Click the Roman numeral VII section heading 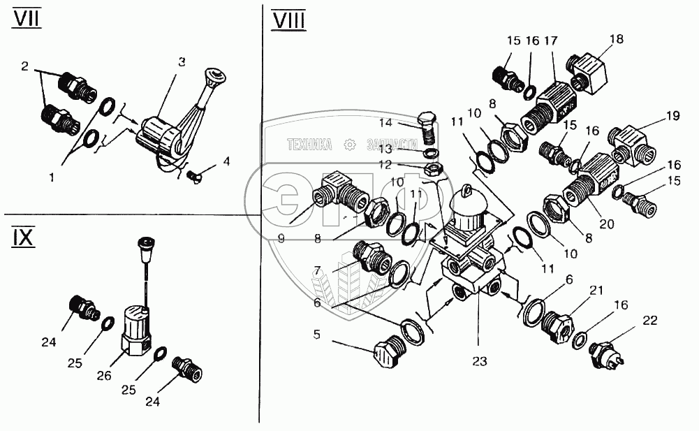[27, 18]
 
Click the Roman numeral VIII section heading [289, 21]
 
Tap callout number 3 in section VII [182, 62]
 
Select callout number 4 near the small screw [226, 161]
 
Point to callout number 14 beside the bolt [385, 122]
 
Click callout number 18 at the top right [617, 39]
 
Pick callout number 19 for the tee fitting [673, 116]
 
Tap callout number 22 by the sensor [650, 321]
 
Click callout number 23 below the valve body [480, 361]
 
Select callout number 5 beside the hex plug [316, 335]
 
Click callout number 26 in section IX [104, 376]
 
